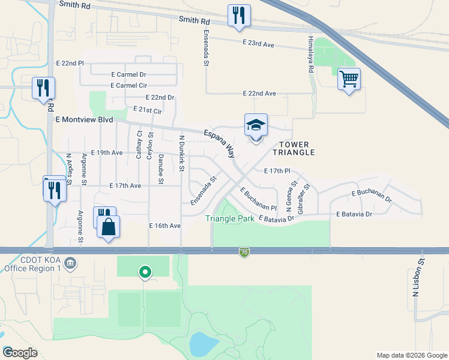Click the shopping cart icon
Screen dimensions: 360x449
[x=349, y=79]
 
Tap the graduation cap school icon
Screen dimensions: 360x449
[x=256, y=125]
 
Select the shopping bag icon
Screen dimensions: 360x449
[x=108, y=227]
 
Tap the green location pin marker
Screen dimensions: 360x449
[x=145, y=272]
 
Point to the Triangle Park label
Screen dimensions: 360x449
[x=229, y=219]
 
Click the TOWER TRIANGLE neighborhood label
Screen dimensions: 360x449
[x=296, y=149]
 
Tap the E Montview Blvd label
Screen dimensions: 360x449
[x=84, y=120]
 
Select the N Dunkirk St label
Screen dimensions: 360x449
[x=181, y=153]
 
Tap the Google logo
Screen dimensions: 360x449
[x=20, y=352]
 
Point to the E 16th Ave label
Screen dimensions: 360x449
[x=165, y=226]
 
